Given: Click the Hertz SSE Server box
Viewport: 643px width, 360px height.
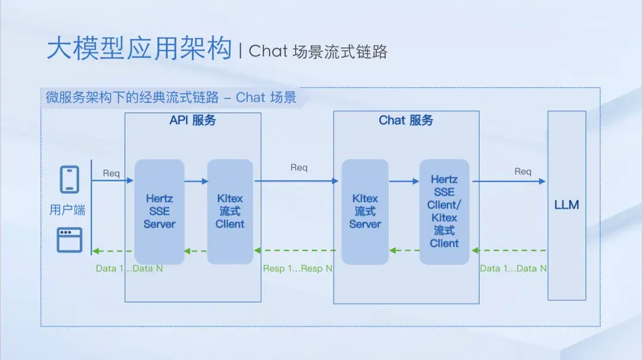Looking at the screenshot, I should coord(159,211).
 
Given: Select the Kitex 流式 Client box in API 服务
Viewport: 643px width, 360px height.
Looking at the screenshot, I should coord(230,211).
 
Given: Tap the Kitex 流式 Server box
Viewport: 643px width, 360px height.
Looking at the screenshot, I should coord(365,211).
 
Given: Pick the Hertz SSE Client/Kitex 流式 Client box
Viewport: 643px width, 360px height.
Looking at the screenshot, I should coord(444,211).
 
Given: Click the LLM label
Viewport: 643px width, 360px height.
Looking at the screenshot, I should coord(566,205).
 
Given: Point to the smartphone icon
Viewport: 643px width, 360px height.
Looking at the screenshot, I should coord(70,180).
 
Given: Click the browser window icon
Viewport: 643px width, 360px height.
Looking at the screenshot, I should coord(70,239).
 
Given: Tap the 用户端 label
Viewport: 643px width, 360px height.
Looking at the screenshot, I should coord(67,210).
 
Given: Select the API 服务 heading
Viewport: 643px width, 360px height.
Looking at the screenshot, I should coord(192,121).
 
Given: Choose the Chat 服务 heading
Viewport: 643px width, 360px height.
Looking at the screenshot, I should coord(406,121).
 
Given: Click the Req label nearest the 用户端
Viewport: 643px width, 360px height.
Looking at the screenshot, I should coord(111,173).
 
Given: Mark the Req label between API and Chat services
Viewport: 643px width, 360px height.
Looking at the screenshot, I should coord(299,168).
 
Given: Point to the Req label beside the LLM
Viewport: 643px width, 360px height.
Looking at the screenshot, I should coord(523,171).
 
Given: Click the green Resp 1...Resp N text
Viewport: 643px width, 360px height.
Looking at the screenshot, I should coord(298,268).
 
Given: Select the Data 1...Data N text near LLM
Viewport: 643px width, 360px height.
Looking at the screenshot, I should coord(513,268).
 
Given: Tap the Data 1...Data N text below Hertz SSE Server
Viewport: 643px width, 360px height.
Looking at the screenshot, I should coord(129,268).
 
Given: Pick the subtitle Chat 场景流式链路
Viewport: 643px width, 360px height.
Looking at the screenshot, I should coord(318,52).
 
